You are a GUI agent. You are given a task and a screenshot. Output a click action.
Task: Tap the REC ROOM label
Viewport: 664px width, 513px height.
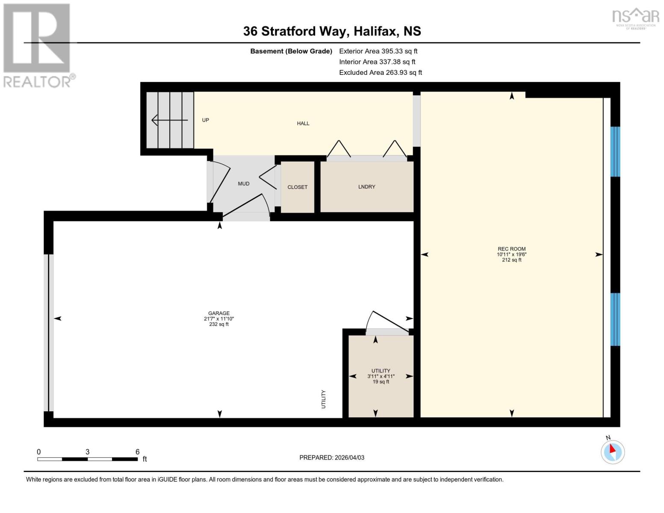(x=511, y=249)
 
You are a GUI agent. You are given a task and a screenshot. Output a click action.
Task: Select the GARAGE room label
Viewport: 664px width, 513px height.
(x=218, y=313)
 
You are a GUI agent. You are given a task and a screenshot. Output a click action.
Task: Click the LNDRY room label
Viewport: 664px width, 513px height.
(x=366, y=187)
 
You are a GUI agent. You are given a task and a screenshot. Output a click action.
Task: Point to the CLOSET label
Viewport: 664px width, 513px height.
(x=297, y=187)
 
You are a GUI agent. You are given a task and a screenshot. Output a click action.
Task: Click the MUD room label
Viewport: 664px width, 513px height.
(x=243, y=184)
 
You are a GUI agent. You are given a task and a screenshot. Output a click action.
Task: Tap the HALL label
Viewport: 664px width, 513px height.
(x=303, y=124)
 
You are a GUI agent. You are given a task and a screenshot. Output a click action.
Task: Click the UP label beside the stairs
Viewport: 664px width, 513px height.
(x=205, y=120)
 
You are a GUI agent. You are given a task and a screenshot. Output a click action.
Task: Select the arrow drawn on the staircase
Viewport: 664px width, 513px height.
(x=169, y=120)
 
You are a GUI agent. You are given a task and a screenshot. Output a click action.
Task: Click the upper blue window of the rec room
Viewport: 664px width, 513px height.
(x=615, y=151)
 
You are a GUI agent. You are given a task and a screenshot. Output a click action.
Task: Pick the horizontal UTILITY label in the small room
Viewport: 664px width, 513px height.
(x=381, y=371)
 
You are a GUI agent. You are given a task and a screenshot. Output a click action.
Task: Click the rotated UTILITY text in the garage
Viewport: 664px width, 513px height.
(x=324, y=399)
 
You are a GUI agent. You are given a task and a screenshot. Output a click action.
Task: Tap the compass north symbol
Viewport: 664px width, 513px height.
(x=613, y=451)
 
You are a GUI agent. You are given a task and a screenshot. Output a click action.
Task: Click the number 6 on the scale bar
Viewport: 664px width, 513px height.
(x=137, y=452)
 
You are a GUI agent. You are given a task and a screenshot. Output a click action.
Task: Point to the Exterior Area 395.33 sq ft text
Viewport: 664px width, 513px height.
(x=378, y=51)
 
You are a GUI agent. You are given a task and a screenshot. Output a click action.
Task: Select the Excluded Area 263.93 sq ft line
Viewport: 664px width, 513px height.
(x=380, y=73)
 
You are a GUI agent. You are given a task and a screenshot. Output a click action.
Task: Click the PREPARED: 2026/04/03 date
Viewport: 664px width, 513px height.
(x=331, y=457)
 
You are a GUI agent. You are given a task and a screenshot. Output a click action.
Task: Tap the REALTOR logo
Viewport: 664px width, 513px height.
(x=37, y=45)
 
